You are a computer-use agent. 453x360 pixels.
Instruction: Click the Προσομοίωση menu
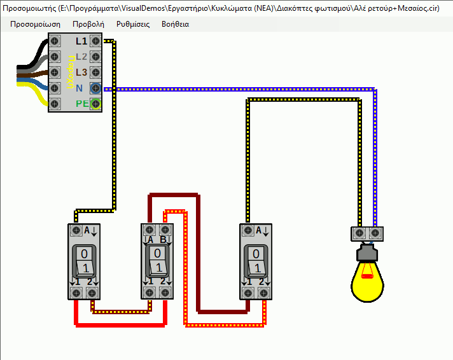(36, 24)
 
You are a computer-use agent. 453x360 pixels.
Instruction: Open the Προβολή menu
(88, 24)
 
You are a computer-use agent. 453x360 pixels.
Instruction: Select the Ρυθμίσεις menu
(133, 24)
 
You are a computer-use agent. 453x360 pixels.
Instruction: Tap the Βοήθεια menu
(176, 24)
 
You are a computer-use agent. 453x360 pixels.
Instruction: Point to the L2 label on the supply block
(81, 57)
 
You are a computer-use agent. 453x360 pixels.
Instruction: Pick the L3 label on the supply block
(81, 72)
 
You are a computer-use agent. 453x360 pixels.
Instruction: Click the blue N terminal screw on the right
(95, 88)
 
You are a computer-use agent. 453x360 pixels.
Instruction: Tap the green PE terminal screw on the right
(95, 103)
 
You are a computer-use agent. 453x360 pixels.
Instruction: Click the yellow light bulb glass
(368, 283)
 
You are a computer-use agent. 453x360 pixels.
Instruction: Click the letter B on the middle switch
(164, 239)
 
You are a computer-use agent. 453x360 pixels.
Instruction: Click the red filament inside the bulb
(367, 275)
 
